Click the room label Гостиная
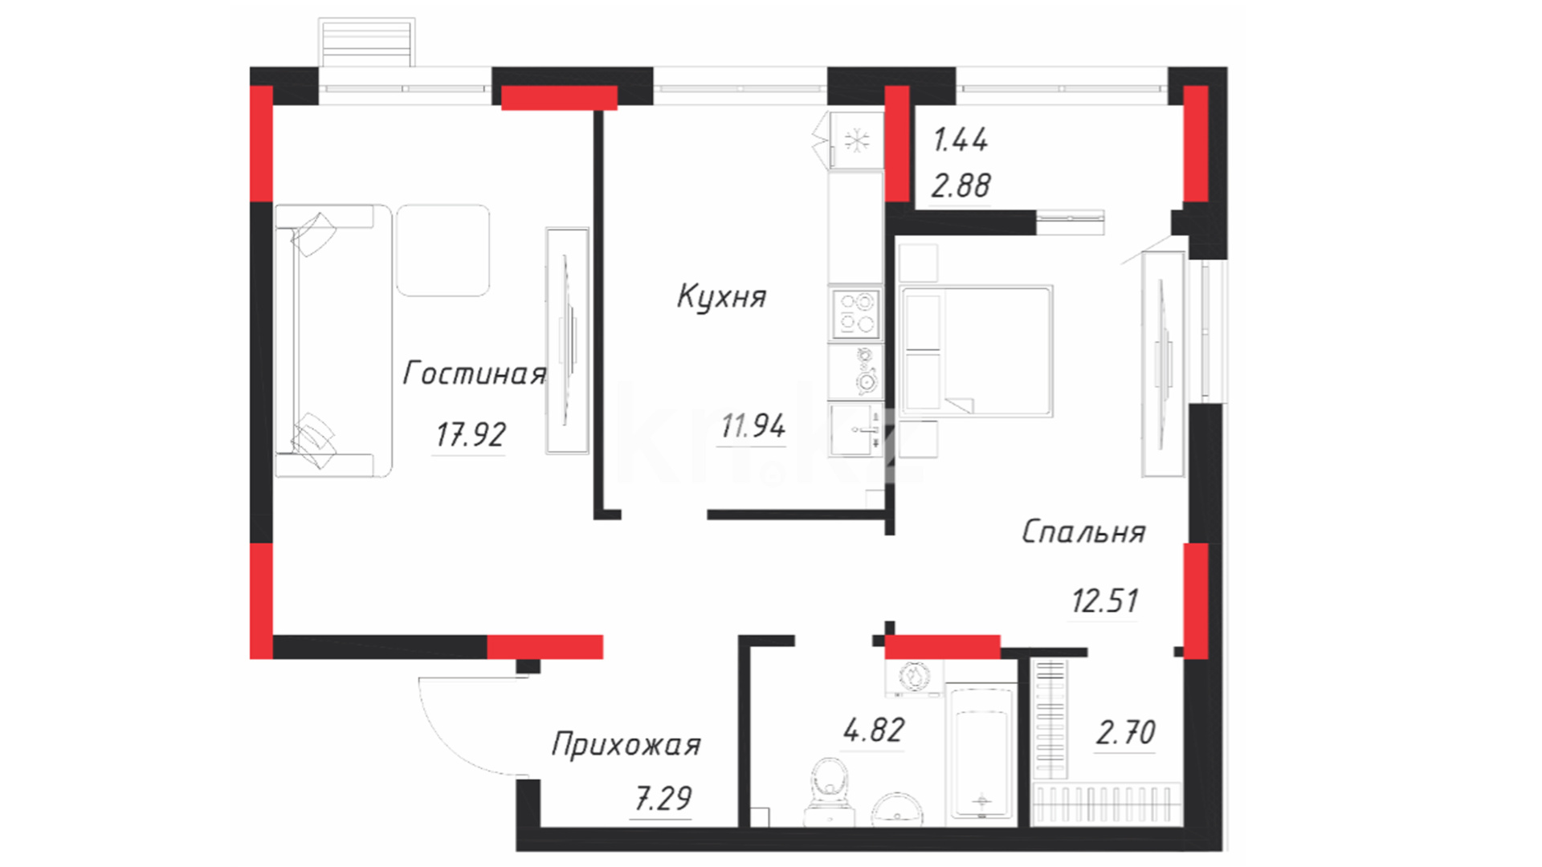pyautogui.click(x=474, y=373)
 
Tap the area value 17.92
pyautogui.click(x=471, y=435)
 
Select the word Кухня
pyautogui.click(x=721, y=296)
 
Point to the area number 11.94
pyautogui.click(x=753, y=425)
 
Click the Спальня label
pyautogui.click(x=1083, y=531)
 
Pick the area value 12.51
pyautogui.click(x=1105, y=600)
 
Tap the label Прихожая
pyautogui.click(x=626, y=745)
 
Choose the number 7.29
pyautogui.click(x=663, y=799)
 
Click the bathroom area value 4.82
pyautogui.click(x=874, y=731)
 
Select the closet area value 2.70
pyautogui.click(x=1126, y=732)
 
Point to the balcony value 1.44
pyautogui.click(x=961, y=140)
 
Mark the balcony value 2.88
pyautogui.click(x=961, y=186)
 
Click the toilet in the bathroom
pyautogui.click(x=830, y=792)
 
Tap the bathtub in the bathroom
pyautogui.click(x=981, y=754)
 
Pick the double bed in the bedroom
pyautogui.click(x=977, y=351)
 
